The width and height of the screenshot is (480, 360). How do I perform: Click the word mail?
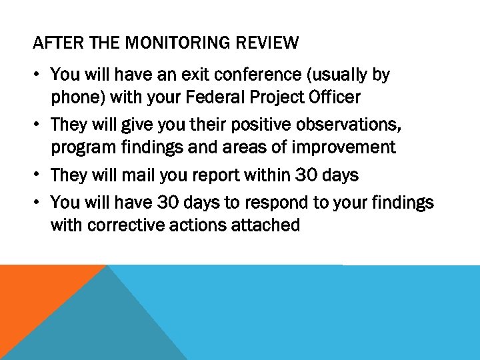[x=135, y=175]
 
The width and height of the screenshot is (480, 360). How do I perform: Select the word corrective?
[x=126, y=225]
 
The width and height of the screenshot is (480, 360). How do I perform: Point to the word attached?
[x=265, y=225]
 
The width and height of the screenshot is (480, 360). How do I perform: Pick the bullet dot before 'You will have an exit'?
[x=39, y=75]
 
